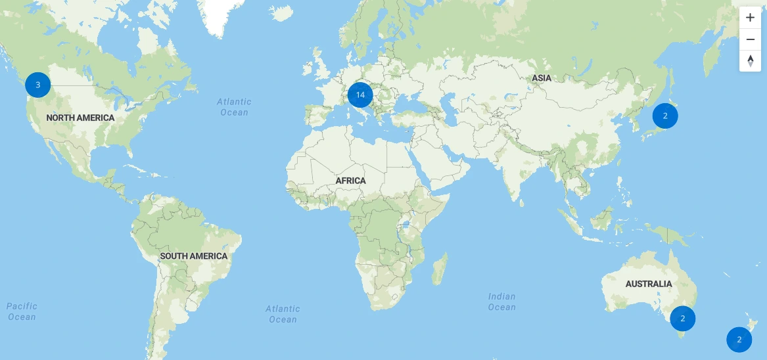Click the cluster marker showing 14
(x=360, y=95)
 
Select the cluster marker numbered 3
(x=38, y=85)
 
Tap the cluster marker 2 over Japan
(x=665, y=116)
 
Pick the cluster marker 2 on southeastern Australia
(x=683, y=319)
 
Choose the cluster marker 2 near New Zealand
(x=739, y=340)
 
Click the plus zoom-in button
(x=750, y=18)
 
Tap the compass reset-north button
(x=750, y=61)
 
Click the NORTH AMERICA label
(x=80, y=118)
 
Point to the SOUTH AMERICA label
(x=194, y=256)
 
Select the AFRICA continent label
(x=350, y=181)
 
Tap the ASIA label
(x=542, y=78)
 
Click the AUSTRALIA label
(x=649, y=284)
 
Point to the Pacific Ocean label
(x=22, y=311)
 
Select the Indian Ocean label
(x=501, y=302)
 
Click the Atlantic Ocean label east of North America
(x=235, y=107)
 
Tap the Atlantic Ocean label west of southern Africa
(x=283, y=314)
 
